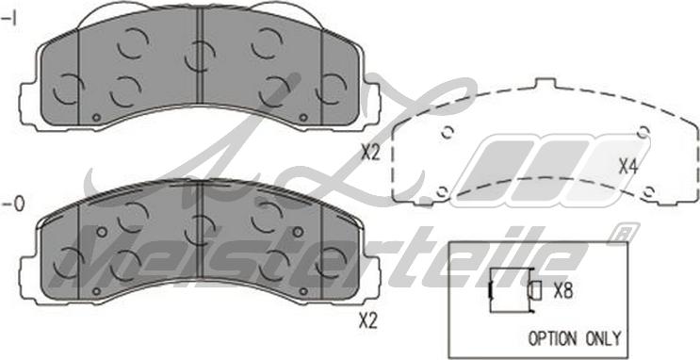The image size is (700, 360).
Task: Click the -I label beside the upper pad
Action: point(9,20)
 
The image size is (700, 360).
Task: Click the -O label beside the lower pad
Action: point(13,205)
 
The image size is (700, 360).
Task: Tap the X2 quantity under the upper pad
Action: point(370,154)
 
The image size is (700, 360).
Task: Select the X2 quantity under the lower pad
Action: point(368,320)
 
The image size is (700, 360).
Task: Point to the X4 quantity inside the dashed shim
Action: point(627,167)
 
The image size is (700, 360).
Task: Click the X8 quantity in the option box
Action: point(563,291)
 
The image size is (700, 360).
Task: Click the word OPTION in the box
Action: point(553,338)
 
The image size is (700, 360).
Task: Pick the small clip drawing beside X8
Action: point(513,290)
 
